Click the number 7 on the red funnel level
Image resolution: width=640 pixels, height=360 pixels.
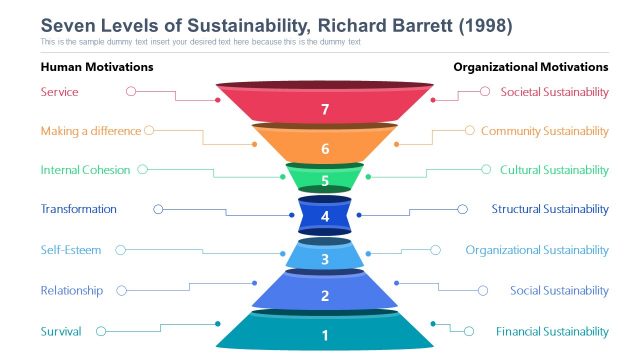click(x=325, y=110)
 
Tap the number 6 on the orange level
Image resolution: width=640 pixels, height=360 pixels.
click(x=325, y=148)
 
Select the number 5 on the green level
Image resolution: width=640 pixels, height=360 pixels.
click(x=325, y=181)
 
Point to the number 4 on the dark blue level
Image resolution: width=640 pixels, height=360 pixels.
click(x=325, y=216)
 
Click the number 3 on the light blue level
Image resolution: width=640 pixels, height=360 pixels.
click(x=325, y=260)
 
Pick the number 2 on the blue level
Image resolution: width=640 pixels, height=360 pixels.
click(x=325, y=296)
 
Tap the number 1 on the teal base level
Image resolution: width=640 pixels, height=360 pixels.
click(x=325, y=336)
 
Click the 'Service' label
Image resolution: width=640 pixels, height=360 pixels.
click(x=59, y=92)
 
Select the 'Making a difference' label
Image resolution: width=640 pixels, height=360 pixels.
click(x=91, y=131)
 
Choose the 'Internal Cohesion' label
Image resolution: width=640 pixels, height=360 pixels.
click(x=85, y=170)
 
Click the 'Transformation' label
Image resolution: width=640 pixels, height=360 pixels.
click(x=78, y=209)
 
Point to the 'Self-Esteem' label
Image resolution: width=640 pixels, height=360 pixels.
click(x=70, y=250)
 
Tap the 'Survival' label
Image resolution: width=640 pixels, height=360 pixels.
click(x=61, y=331)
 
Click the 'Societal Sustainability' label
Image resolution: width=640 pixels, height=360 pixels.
click(x=554, y=92)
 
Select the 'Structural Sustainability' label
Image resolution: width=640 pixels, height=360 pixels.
click(x=550, y=209)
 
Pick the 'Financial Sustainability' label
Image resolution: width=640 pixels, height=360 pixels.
click(x=552, y=331)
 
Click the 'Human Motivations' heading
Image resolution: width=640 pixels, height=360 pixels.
click(x=96, y=67)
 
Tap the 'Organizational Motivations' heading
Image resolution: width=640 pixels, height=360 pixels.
click(x=530, y=67)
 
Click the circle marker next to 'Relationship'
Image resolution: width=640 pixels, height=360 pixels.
click(x=123, y=290)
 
